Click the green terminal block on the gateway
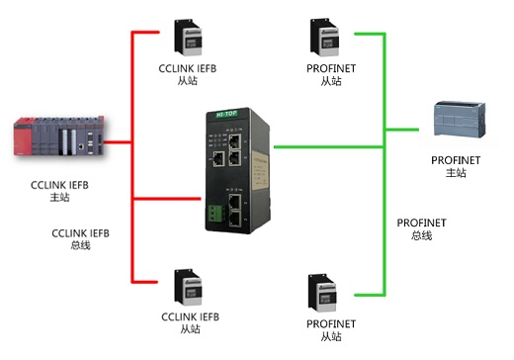(x=215, y=209)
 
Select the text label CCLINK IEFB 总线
(x=80, y=238)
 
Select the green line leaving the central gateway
(x=326, y=147)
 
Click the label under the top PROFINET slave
(x=330, y=75)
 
